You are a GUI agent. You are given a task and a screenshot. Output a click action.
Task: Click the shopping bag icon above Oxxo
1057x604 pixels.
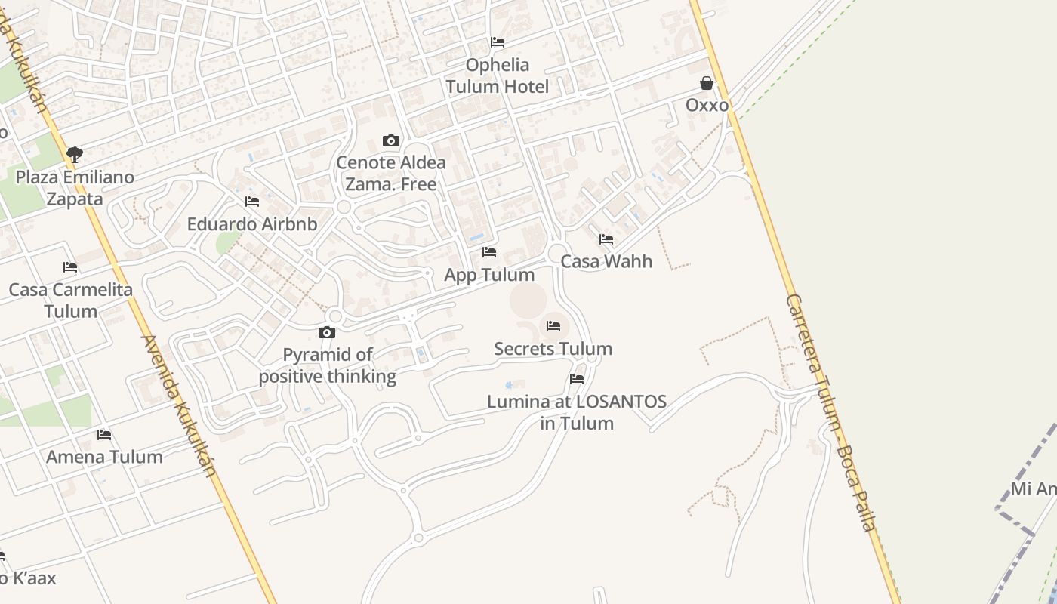[707, 83]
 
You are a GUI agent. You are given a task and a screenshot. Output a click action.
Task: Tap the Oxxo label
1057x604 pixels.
[707, 105]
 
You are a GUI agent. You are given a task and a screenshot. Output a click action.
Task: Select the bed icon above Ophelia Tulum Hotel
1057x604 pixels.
[498, 42]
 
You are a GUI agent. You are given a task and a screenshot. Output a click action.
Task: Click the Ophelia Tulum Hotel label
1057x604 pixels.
[498, 75]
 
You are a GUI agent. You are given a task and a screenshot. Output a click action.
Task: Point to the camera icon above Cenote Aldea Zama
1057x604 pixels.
[390, 140]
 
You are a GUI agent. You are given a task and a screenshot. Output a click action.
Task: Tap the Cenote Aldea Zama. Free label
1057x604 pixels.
[391, 173]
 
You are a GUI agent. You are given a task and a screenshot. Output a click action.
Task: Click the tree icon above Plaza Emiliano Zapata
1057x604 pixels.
[74, 155]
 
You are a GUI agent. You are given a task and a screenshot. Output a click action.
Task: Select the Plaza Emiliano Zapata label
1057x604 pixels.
[75, 188]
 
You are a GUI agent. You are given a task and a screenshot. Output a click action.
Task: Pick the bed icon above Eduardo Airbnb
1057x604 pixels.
[252, 202]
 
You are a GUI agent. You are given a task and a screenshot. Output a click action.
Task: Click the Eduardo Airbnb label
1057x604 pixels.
[252, 224]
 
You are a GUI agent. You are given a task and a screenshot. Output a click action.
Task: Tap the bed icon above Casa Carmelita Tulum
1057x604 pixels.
[70, 267]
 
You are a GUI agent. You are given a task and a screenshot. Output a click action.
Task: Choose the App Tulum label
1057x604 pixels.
[489, 275]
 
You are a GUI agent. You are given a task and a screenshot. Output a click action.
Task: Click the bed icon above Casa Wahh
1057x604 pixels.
[606, 239]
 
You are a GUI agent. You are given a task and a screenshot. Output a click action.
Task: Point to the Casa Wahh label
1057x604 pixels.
[606, 261]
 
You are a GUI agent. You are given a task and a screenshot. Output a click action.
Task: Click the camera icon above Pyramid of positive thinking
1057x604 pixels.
[327, 332]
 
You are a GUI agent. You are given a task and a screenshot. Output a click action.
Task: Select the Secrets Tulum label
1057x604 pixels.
[553, 349]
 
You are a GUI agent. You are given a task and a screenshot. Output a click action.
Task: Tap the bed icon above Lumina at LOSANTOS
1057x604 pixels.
[577, 379]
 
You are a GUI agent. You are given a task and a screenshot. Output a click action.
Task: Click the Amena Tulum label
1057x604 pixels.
[104, 457]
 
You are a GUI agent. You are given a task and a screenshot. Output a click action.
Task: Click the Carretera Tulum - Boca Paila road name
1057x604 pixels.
[831, 412]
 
